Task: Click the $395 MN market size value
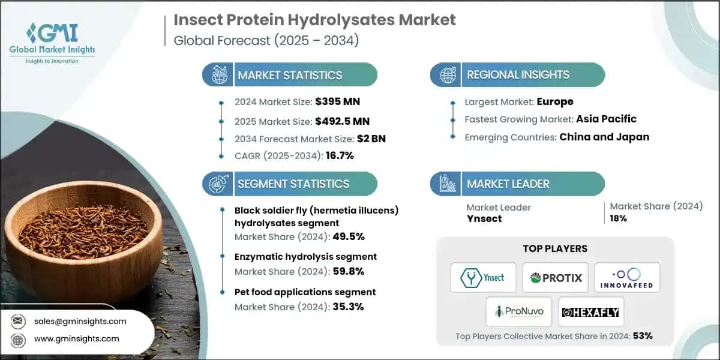(x=337, y=101)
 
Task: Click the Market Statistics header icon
(x=218, y=75)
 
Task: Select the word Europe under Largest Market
(x=555, y=101)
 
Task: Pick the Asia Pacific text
(x=606, y=119)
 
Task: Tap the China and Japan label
(x=604, y=137)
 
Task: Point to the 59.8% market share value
(x=347, y=271)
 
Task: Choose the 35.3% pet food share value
(x=347, y=307)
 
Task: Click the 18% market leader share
(x=619, y=218)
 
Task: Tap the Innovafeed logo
(x=627, y=278)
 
